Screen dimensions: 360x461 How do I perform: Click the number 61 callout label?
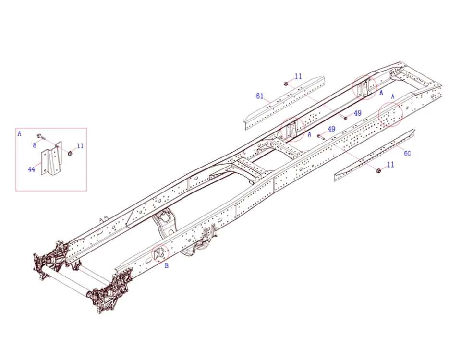259,96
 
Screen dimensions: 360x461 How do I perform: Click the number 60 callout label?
407,154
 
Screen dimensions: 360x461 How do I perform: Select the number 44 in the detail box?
31,169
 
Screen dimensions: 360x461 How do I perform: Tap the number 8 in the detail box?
35,144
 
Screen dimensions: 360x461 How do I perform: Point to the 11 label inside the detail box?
80,146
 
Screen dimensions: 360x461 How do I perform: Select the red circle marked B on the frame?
160,253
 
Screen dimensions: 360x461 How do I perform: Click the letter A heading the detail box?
19,134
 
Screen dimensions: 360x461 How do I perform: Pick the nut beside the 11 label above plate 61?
286,84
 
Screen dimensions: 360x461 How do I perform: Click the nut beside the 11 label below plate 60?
378,170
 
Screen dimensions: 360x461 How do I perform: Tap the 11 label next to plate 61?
298,76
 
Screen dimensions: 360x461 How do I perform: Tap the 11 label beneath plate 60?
390,165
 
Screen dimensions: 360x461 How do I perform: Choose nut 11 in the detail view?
70,153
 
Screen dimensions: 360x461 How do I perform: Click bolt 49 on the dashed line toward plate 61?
344,117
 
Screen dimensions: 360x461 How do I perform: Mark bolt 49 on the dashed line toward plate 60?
320,136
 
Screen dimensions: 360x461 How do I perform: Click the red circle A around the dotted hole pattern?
390,114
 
